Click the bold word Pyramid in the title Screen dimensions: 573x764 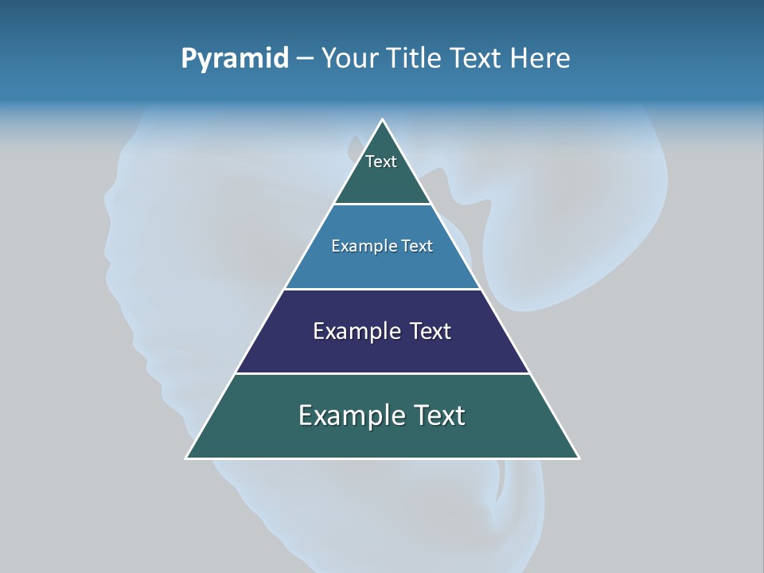click(x=235, y=59)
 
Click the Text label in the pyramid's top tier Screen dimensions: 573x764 click(x=381, y=162)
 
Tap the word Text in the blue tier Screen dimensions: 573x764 click(x=418, y=247)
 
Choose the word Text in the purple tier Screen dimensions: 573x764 click(x=430, y=331)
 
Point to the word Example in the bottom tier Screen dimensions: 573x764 click(x=348, y=415)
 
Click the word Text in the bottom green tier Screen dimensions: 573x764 click(x=438, y=415)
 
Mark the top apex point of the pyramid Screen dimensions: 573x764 click(x=383, y=120)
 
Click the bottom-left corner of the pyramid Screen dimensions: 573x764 click(x=187, y=458)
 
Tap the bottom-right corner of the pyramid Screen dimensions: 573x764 click(x=579, y=458)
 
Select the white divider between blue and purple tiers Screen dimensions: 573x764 click(x=383, y=289)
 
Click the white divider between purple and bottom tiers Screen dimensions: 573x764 click(x=383, y=373)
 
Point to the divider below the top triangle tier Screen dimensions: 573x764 click(x=383, y=205)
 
